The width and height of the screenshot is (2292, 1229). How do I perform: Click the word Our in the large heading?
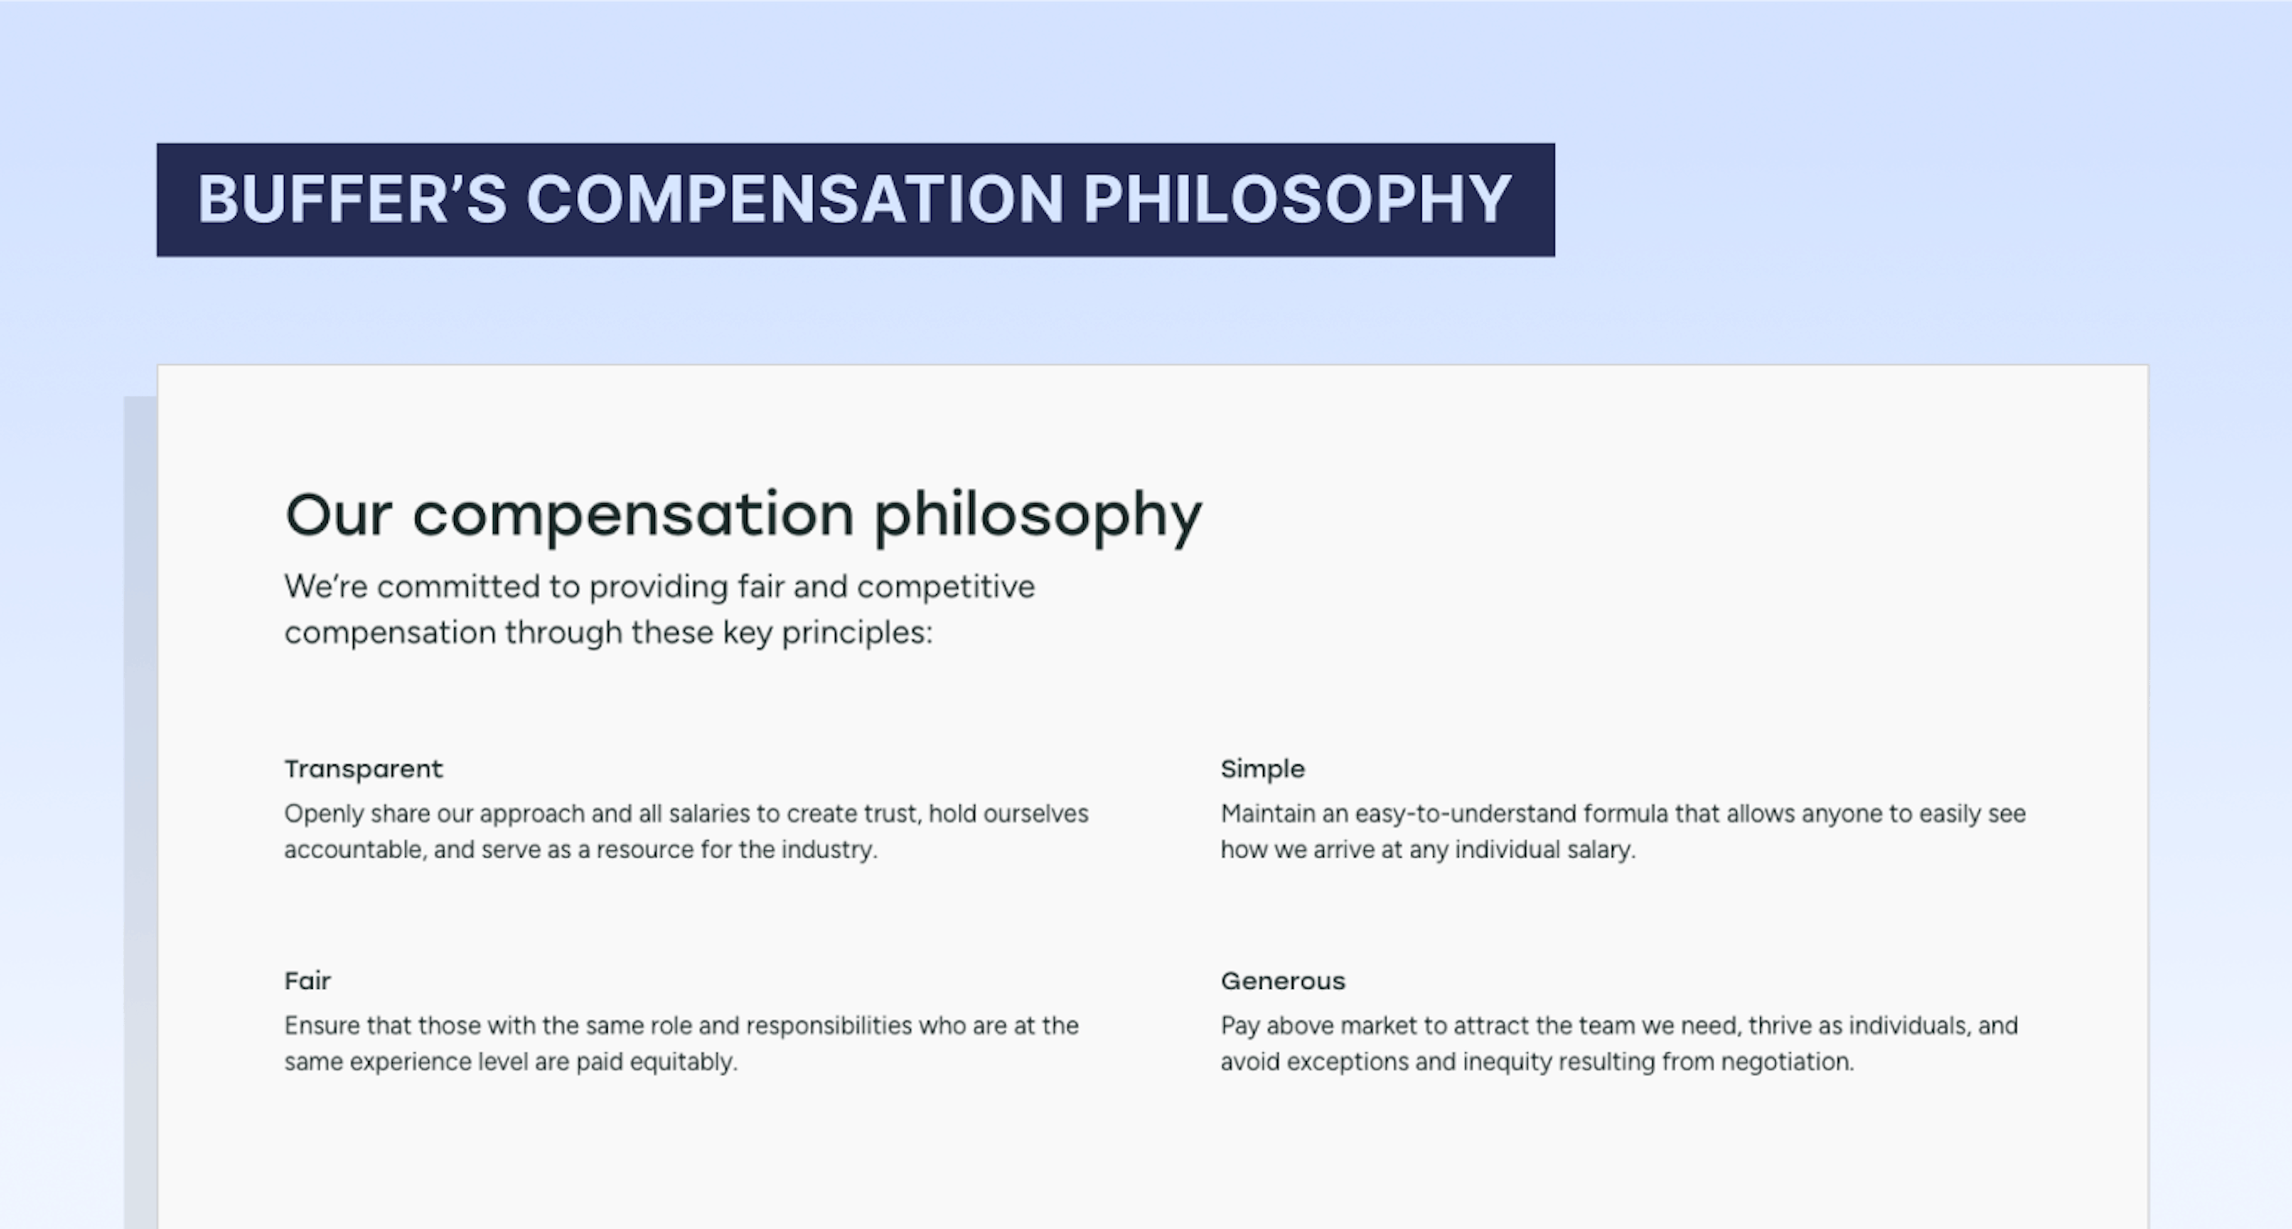pyautogui.click(x=338, y=514)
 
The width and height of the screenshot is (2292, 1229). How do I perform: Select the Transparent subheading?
pyautogui.click(x=363, y=769)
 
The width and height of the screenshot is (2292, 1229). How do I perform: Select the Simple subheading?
pyautogui.click(x=1262, y=769)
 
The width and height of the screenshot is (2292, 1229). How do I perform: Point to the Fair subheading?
pyautogui.click(x=307, y=981)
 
